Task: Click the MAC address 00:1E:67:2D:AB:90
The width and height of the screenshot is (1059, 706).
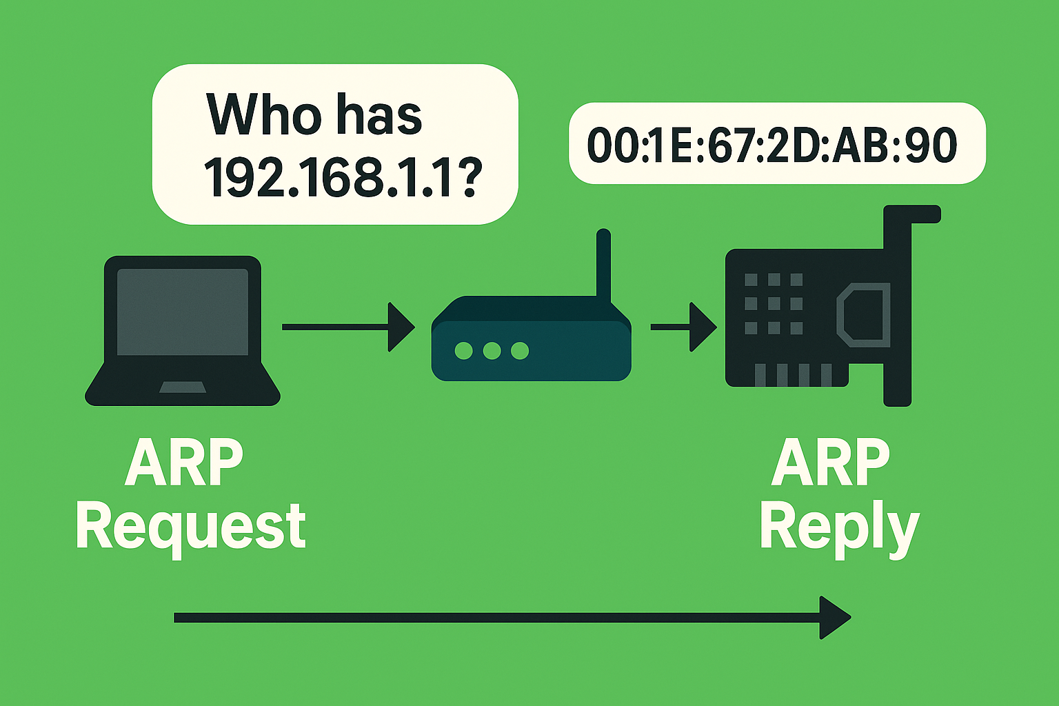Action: coord(771,145)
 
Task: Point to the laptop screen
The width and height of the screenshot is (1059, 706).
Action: coord(182,312)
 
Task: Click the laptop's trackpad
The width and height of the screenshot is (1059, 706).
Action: coord(182,387)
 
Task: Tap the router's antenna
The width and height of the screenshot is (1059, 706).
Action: coord(603,265)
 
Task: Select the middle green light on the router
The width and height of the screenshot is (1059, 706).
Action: coord(492,351)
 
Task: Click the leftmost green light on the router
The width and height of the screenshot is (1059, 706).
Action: coord(464,351)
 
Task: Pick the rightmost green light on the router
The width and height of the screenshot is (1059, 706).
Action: coord(520,351)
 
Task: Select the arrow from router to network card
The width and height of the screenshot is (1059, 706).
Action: coord(683,327)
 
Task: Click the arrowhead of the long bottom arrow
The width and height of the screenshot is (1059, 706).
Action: coord(834,618)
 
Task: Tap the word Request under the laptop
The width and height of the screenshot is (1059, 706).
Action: coord(190,527)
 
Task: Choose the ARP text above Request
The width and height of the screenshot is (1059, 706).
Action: coord(184,463)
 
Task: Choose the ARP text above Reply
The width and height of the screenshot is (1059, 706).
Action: coord(830,463)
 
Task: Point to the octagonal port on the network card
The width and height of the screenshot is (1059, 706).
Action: coord(863,316)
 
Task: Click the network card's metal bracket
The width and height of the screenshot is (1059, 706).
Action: coord(898,310)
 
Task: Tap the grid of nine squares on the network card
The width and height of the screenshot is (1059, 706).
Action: coord(774,303)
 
